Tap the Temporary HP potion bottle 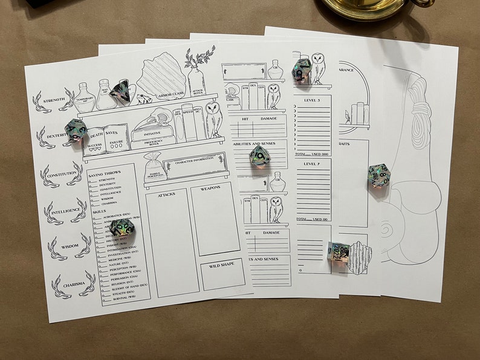pos(86,99)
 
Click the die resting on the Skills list pos(122,228)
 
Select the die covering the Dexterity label pos(77,131)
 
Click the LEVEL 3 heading pos(313,100)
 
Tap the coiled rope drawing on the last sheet pos(420,121)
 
